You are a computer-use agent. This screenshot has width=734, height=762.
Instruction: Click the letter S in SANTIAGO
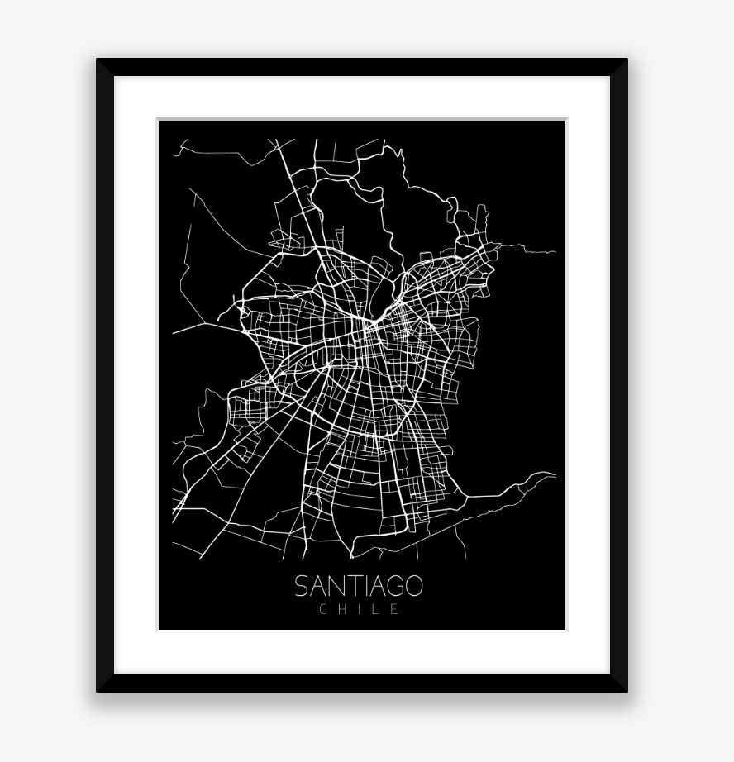303,586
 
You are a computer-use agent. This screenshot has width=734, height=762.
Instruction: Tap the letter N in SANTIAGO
336,586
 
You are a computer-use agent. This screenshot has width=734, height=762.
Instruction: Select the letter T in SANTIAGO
352,586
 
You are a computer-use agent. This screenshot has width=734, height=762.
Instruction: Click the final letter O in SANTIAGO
412,586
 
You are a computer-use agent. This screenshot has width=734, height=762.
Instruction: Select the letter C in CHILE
323,610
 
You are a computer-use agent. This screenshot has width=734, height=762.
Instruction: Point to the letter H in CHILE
341,610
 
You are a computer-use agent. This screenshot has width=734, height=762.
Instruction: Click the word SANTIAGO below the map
359,586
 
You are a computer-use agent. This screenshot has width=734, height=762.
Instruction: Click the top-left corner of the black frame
98,60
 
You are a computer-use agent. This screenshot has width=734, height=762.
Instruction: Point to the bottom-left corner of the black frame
98,690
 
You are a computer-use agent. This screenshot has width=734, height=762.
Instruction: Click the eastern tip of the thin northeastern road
555,250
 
